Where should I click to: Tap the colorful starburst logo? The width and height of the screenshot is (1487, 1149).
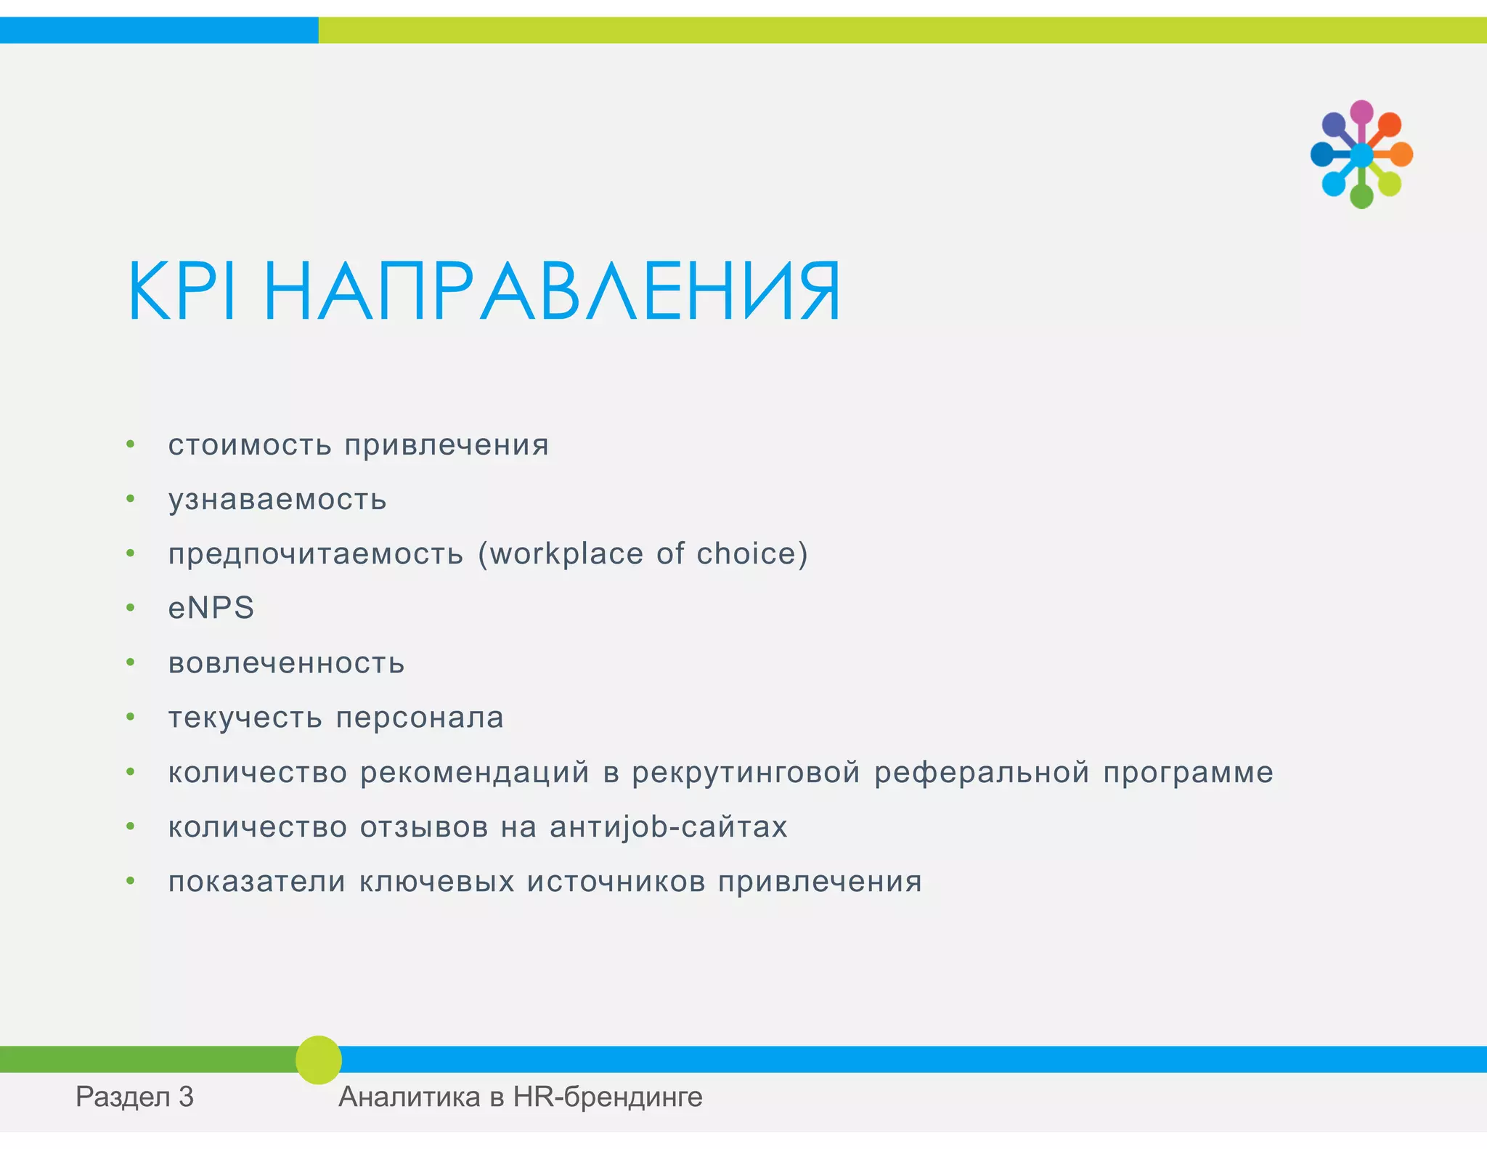click(x=1361, y=155)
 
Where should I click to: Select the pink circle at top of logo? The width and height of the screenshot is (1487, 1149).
click(x=1361, y=112)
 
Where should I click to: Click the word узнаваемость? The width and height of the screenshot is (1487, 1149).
click(x=277, y=500)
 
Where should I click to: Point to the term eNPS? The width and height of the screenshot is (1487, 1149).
click(x=211, y=608)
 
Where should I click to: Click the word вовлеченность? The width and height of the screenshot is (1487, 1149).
click(x=286, y=663)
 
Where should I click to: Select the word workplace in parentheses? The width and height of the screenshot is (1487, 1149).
click(x=566, y=554)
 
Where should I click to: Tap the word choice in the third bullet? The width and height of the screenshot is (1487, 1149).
click(x=748, y=554)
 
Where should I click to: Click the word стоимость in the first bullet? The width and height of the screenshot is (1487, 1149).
click(x=250, y=445)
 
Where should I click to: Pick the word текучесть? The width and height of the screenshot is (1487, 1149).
click(x=245, y=718)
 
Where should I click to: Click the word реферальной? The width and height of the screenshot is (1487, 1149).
click(x=982, y=772)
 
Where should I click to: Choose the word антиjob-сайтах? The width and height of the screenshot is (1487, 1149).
click(x=668, y=827)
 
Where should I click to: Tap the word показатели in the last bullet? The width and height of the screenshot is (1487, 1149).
click(x=257, y=882)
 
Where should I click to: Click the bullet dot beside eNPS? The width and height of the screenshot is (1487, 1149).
click(x=131, y=608)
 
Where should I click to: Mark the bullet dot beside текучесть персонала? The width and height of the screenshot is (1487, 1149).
click(x=131, y=718)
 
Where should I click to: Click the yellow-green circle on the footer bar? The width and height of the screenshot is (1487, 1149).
click(x=319, y=1060)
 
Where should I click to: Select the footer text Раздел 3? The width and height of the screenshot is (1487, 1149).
click(x=134, y=1097)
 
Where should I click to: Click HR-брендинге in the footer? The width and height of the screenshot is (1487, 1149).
click(x=608, y=1097)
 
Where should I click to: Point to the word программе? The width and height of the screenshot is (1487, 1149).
click(x=1188, y=773)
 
